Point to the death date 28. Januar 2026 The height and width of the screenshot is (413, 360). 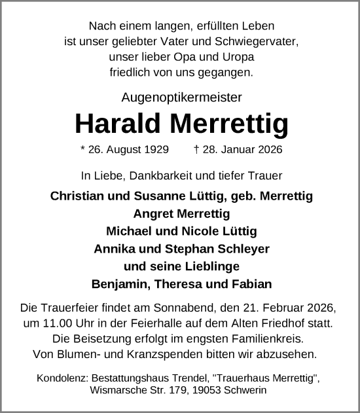242,150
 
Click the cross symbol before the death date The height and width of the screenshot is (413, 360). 198,150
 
